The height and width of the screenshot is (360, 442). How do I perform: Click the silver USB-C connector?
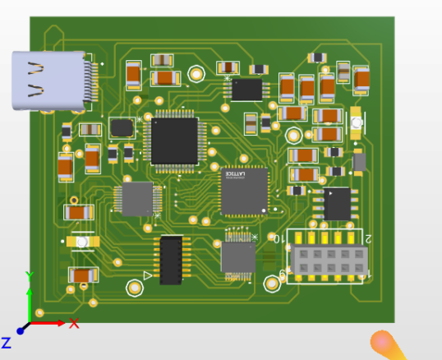49,80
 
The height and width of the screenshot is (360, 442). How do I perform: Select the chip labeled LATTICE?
243,191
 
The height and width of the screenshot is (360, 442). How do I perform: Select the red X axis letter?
74,324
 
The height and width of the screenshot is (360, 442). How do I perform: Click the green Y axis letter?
29,276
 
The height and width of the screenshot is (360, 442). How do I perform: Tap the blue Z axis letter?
6,342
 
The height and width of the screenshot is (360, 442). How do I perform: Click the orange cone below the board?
387,345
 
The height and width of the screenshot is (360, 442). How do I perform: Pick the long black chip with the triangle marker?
171,260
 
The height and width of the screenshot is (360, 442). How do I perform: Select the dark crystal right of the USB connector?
122,127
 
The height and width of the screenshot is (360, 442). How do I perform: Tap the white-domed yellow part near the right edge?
357,122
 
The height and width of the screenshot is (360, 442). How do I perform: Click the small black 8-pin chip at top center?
246,89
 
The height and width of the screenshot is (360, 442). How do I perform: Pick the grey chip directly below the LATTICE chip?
237,257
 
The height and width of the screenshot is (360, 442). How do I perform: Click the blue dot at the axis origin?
21,330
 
